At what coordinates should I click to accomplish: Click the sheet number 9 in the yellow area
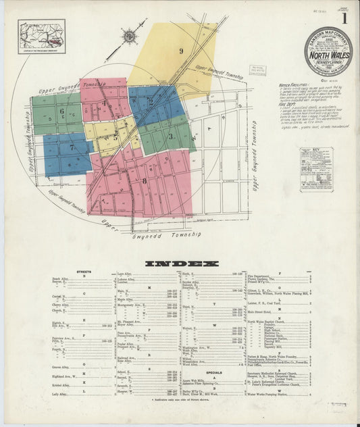tap(181, 51)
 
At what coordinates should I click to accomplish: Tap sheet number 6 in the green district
tap(61, 111)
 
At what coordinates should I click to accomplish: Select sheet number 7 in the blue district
tap(70, 147)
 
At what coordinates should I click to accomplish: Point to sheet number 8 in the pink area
tap(144, 180)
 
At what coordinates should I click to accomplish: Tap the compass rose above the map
tap(129, 36)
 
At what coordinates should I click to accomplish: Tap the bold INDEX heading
tap(182, 263)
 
